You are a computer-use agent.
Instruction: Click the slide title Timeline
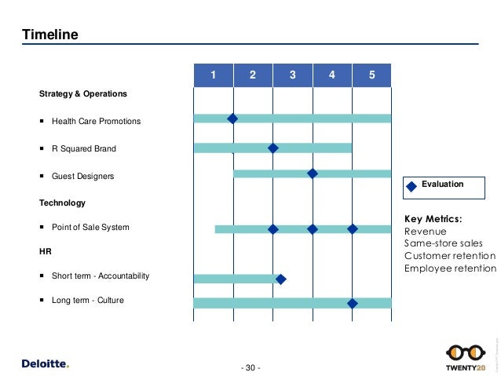click(x=49, y=35)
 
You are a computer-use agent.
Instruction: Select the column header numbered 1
click(x=213, y=75)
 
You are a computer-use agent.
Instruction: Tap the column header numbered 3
click(x=292, y=75)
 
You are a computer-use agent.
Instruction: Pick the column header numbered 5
click(x=371, y=75)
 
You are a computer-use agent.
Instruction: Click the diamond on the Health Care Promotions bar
click(x=232, y=119)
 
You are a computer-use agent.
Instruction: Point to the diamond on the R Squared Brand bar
click(x=272, y=148)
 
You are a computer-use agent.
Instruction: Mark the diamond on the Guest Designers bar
click(x=312, y=173)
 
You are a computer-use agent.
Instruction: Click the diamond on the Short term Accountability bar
click(x=280, y=278)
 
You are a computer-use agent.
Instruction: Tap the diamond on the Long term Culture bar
click(x=352, y=303)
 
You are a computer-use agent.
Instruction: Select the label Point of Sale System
click(x=90, y=228)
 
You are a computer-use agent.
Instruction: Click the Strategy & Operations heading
click(x=83, y=94)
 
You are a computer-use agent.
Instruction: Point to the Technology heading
click(x=62, y=203)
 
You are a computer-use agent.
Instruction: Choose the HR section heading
click(x=45, y=252)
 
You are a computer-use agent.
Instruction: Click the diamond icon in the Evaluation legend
click(x=411, y=186)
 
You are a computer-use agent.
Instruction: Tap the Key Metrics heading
click(x=433, y=219)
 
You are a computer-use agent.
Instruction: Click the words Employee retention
click(x=450, y=268)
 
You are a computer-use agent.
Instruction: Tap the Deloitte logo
click(x=45, y=363)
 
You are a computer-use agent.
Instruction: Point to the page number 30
click(x=251, y=367)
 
